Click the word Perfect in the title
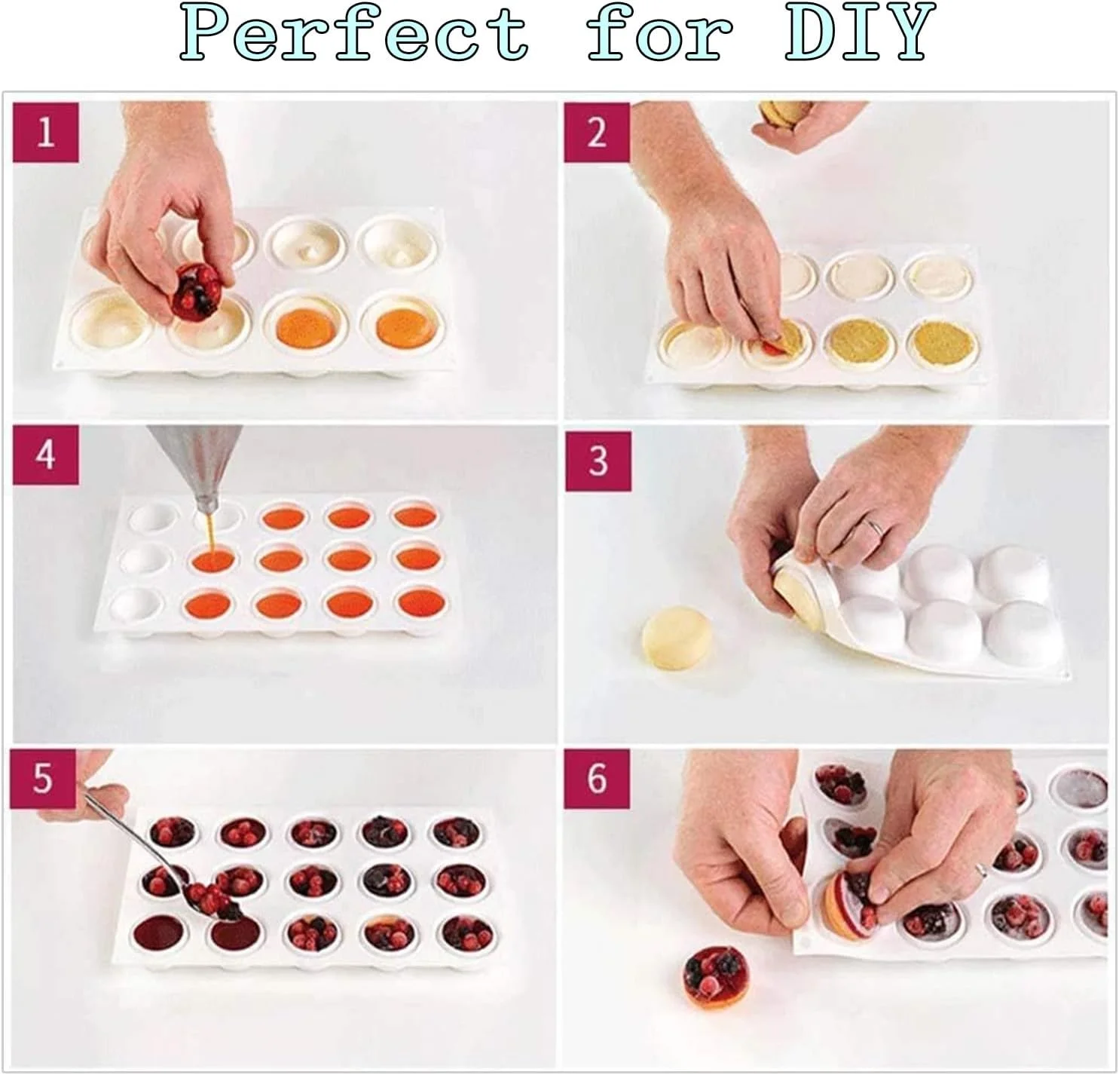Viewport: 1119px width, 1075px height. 354,32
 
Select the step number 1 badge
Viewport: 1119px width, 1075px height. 45,132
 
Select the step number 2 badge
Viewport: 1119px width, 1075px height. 597,132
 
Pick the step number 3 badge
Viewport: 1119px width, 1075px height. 598,461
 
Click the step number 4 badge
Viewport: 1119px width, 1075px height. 45,455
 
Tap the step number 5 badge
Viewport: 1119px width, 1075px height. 42,779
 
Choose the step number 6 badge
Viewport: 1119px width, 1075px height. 596,779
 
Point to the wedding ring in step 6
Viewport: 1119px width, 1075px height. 981,869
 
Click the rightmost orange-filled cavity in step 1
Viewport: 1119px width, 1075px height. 404,326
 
